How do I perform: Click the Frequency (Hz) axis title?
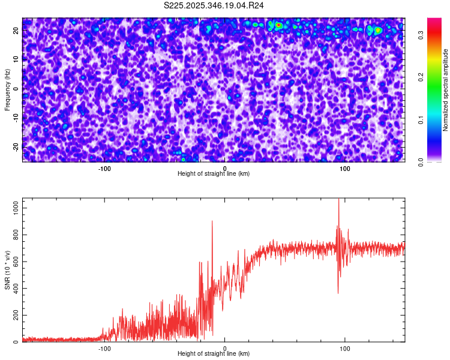click(7, 89)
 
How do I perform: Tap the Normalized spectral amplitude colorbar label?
click(446, 89)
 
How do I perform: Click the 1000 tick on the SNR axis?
click(13, 208)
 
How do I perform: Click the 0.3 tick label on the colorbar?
click(422, 35)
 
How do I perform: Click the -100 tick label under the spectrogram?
click(104, 169)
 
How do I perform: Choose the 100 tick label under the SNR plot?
click(345, 349)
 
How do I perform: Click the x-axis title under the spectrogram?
click(214, 173)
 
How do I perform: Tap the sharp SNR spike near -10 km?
click(212, 221)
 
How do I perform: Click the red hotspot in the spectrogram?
click(278, 25)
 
